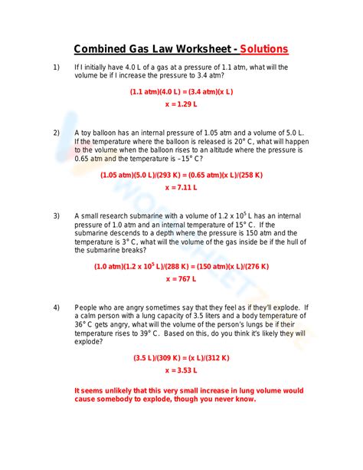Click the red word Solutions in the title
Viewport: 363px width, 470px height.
(264, 49)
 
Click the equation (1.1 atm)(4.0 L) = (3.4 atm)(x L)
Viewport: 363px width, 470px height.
(181, 91)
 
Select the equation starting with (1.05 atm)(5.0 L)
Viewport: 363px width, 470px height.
(181, 175)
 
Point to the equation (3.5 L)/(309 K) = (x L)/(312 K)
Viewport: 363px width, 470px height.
(181, 357)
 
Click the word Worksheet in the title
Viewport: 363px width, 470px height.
(196, 49)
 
